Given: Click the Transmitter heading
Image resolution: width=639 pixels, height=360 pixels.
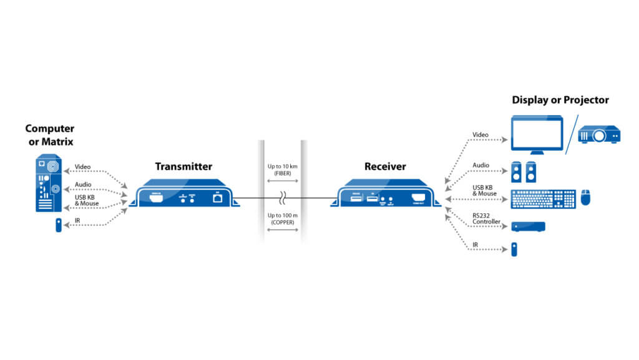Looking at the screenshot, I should coord(183,167).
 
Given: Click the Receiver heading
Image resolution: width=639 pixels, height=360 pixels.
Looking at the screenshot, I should coord(385,167).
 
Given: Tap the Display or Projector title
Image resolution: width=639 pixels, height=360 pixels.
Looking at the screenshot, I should coord(560,100).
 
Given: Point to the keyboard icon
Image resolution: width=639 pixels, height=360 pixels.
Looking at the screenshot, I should coord(543,198).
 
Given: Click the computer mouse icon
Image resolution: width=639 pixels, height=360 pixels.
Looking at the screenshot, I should coord(585,198).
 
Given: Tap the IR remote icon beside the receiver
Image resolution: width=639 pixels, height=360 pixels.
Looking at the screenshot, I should coord(515,249).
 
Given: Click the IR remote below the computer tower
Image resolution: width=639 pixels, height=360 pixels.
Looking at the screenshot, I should coord(58,225).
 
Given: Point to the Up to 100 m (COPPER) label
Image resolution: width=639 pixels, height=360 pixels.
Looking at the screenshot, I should coord(284,219).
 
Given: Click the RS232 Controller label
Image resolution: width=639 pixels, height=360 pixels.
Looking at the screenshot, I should coord(486,218).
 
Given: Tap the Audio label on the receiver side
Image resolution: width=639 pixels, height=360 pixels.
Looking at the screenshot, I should coord(480,165).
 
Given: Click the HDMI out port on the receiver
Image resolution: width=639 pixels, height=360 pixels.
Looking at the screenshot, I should coord(416,198).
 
